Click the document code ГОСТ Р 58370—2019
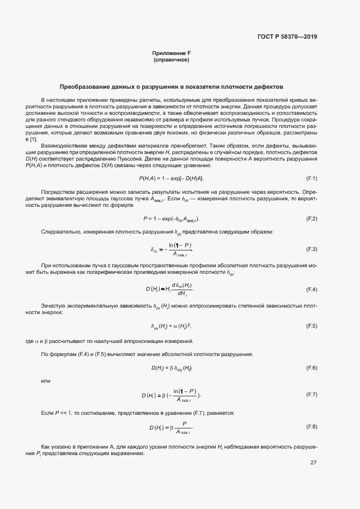point(287,37)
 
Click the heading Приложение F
point(171,53)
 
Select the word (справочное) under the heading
point(171,59)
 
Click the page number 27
point(314,463)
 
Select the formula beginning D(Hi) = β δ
point(171,368)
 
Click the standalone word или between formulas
point(46,381)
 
